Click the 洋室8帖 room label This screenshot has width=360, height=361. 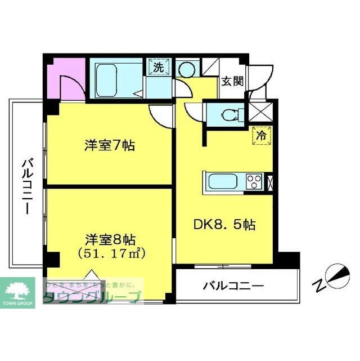point(110,239)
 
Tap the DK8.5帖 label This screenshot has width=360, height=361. point(225,225)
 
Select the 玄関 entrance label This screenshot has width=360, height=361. point(232,81)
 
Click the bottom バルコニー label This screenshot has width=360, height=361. point(233,286)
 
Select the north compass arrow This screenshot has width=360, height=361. point(337,275)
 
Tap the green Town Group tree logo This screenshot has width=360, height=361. point(19,290)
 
